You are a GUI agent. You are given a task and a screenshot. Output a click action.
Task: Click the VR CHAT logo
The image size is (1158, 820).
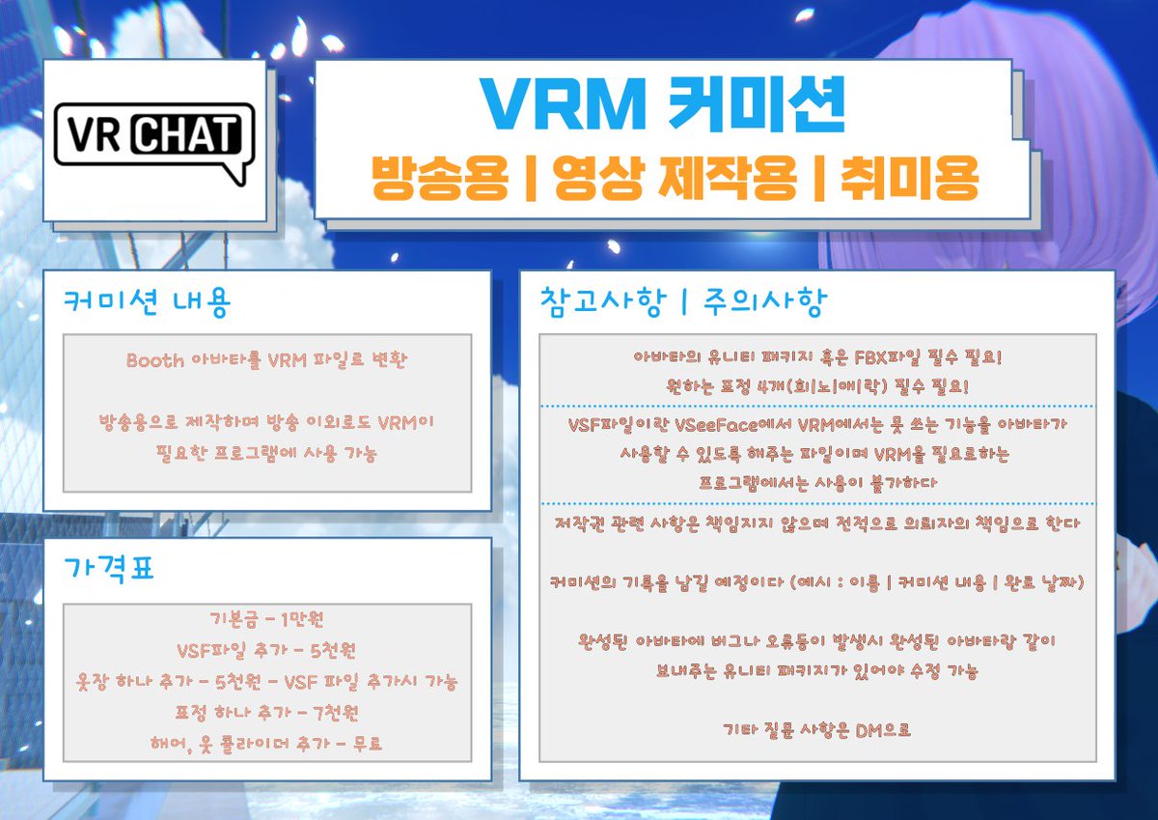point(154,141)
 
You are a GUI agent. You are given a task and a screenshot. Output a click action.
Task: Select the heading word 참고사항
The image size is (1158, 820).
point(602,303)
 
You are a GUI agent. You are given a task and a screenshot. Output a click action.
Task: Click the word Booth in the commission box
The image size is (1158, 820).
point(155,360)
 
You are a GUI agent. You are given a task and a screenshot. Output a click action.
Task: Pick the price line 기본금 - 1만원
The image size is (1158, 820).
point(267,619)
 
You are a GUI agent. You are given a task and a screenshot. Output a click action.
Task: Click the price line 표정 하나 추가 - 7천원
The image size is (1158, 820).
point(267,713)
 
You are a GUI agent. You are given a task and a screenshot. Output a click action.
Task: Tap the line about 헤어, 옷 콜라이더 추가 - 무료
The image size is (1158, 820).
point(267,744)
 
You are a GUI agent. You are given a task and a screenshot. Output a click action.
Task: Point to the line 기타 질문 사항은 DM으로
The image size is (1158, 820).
point(816,729)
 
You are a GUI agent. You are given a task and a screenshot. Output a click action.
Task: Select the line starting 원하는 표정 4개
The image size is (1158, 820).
point(816,385)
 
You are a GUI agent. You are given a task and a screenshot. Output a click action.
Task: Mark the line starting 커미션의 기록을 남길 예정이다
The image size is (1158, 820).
point(816,582)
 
